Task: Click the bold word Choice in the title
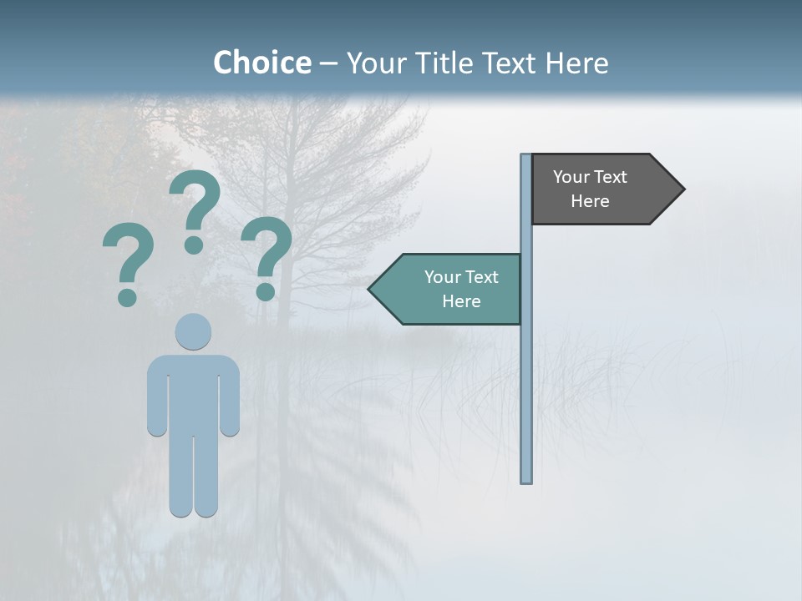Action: pyautogui.click(x=261, y=63)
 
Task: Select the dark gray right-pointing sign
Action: pyautogui.click(x=597, y=189)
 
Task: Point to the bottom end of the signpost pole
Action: pyautogui.click(x=526, y=480)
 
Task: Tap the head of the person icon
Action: pyautogui.click(x=193, y=331)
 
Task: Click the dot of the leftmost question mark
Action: pyautogui.click(x=127, y=297)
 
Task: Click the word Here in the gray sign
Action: pyautogui.click(x=590, y=201)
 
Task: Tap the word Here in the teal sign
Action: pyautogui.click(x=461, y=301)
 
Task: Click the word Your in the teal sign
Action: pyautogui.click(x=441, y=277)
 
